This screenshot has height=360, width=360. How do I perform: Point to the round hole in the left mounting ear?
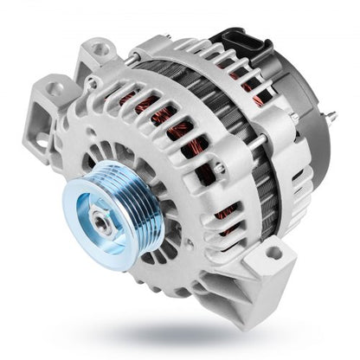57,88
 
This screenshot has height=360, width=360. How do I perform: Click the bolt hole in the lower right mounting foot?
274,254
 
